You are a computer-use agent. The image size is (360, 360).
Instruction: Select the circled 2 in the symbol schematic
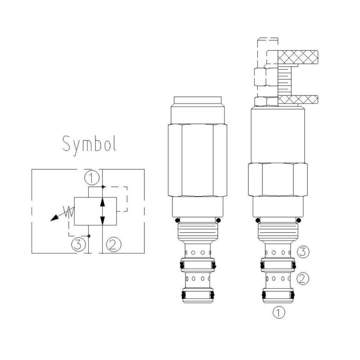(x=112, y=244)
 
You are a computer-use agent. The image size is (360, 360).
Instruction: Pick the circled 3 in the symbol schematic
(x=79, y=244)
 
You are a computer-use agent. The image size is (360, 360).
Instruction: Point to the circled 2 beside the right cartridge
(x=303, y=278)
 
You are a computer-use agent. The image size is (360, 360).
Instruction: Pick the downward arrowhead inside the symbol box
(x=103, y=220)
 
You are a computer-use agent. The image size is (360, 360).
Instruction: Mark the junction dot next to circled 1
(x=103, y=186)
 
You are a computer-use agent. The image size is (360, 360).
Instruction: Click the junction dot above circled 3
(x=89, y=236)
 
